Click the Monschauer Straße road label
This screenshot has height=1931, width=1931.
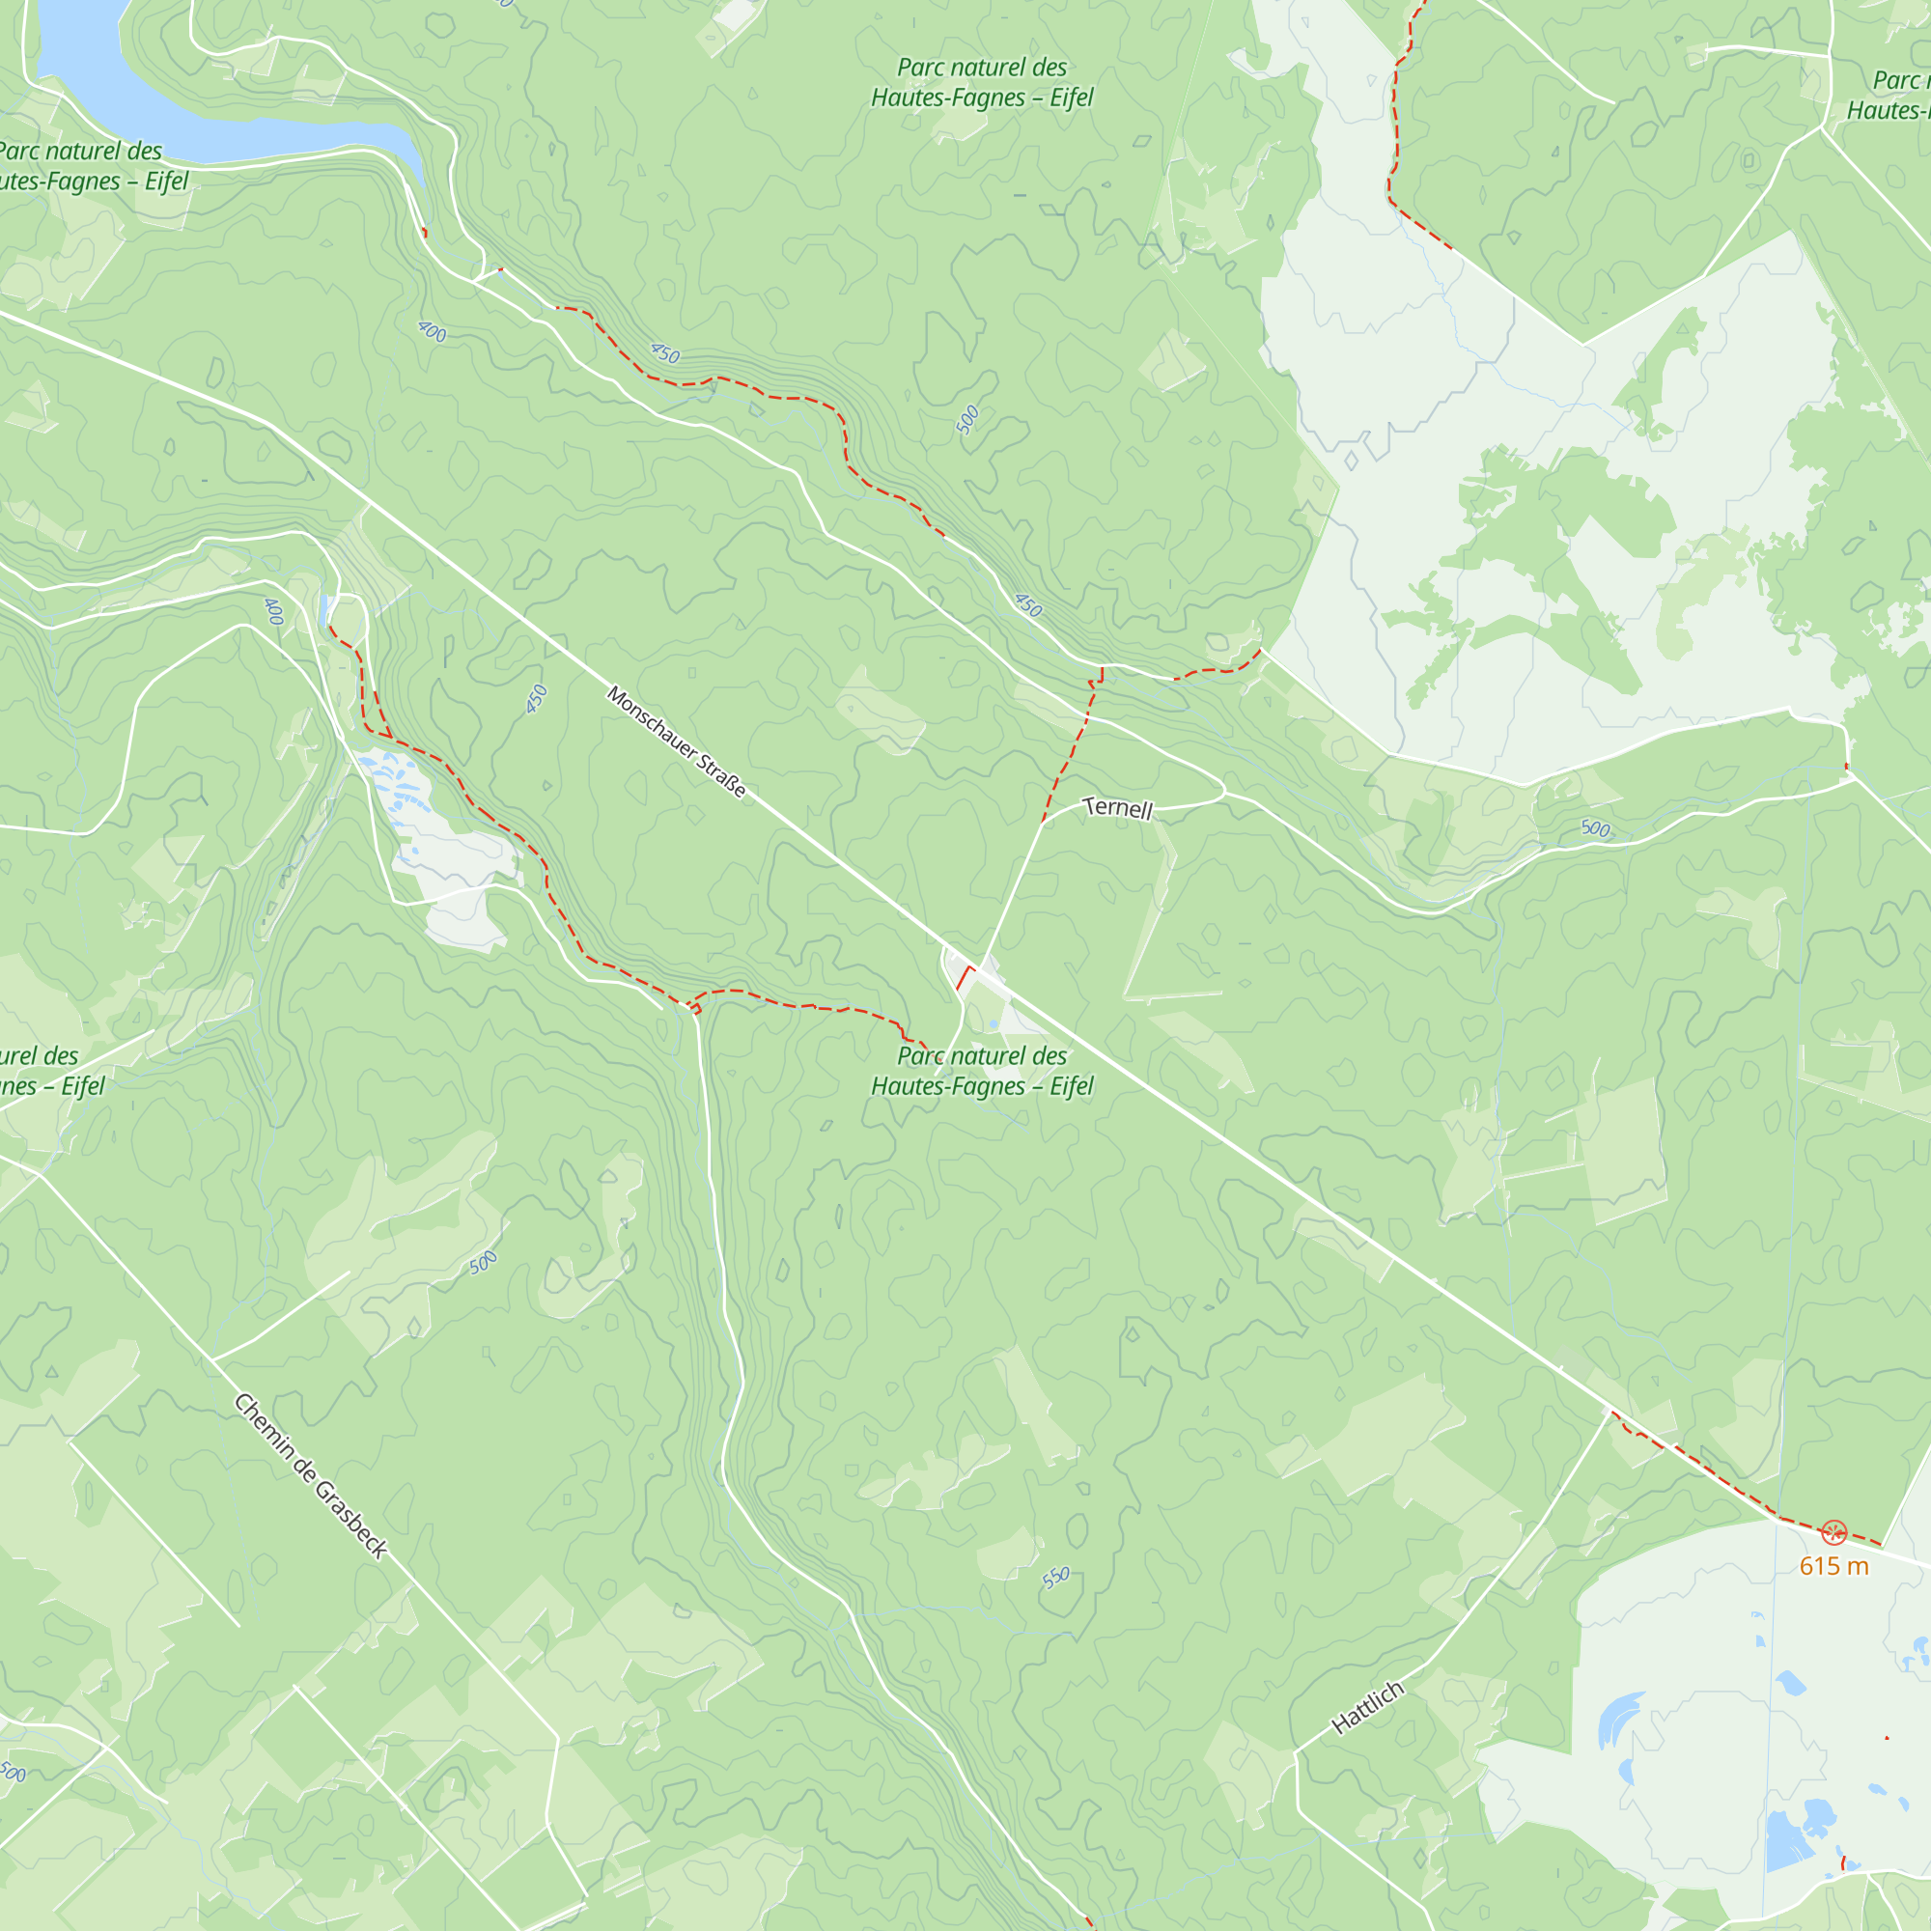tap(676, 742)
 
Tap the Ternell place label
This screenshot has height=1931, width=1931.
tap(1117, 808)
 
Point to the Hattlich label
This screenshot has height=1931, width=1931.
tap(1368, 1707)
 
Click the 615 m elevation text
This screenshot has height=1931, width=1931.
tap(1833, 1566)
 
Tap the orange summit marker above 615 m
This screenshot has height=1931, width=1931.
tap(1833, 1532)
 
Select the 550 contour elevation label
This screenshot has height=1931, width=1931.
tap(1056, 1579)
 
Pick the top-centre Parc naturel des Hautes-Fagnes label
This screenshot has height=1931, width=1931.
tap(982, 82)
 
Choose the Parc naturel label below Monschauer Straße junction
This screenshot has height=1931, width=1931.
tap(982, 1071)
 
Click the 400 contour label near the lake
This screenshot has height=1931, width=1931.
tap(432, 331)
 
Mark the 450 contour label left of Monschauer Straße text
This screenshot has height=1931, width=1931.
tap(537, 699)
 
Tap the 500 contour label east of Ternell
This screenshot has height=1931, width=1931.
tap(1595, 828)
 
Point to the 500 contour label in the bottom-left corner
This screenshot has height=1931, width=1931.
tap(12, 1772)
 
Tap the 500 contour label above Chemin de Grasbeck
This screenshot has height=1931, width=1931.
tap(483, 1262)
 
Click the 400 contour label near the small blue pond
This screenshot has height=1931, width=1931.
tap(274, 612)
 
